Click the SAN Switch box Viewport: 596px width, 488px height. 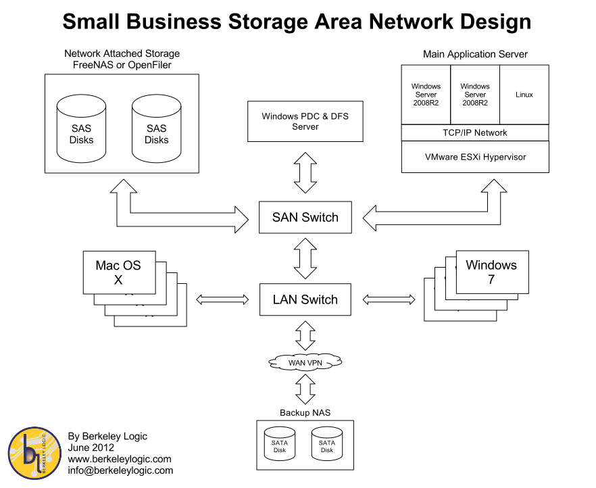(x=305, y=217)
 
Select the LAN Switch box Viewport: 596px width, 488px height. (x=305, y=299)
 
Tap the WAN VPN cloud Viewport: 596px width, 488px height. (x=305, y=363)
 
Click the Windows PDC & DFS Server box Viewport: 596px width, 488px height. (x=305, y=122)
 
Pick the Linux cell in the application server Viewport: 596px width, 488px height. (x=524, y=95)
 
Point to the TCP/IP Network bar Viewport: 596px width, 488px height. (x=474, y=132)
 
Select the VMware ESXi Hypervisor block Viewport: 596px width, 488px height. (x=474, y=157)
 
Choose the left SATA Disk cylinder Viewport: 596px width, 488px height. (x=280, y=444)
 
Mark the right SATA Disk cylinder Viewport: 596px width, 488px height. (x=327, y=444)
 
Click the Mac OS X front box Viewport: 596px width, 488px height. (x=118, y=272)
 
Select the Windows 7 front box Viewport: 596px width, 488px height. (x=492, y=272)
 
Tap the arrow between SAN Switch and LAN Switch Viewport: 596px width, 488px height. (x=305, y=258)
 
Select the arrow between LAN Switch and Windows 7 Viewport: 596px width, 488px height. (x=389, y=299)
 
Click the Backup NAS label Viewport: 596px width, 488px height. (x=305, y=412)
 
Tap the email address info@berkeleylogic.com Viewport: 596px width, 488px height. (x=120, y=470)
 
